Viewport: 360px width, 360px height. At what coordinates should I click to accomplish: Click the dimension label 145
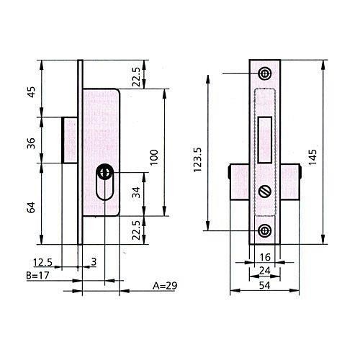point(312,157)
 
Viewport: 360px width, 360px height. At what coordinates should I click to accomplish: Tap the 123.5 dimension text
point(198,160)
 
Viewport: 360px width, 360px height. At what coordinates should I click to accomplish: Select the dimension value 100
point(154,157)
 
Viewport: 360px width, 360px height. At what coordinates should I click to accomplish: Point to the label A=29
point(165,286)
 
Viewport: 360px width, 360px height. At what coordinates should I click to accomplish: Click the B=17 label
point(37,275)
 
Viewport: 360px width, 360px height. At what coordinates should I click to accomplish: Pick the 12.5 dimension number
point(42,262)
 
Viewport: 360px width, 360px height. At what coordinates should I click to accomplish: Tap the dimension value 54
point(265,286)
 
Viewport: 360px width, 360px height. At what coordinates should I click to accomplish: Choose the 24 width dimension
point(265,271)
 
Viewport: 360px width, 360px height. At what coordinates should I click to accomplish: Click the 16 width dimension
point(265,257)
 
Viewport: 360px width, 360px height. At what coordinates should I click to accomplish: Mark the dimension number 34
point(136,192)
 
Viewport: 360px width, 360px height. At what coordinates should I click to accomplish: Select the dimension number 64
point(31,207)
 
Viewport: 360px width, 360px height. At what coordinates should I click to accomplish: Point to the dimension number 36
point(31,143)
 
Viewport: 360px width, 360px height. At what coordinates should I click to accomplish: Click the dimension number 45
point(31,91)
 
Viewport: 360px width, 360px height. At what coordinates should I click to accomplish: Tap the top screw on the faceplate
point(265,73)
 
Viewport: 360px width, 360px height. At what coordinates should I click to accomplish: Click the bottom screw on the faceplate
point(265,230)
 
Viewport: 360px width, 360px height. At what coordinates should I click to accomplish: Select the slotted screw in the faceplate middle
point(265,192)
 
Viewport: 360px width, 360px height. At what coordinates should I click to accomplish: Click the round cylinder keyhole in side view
point(104,172)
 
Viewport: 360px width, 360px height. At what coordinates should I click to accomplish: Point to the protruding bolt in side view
point(70,140)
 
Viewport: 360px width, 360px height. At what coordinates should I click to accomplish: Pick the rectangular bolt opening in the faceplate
point(265,140)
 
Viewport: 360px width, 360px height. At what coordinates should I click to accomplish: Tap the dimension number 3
point(94,261)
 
